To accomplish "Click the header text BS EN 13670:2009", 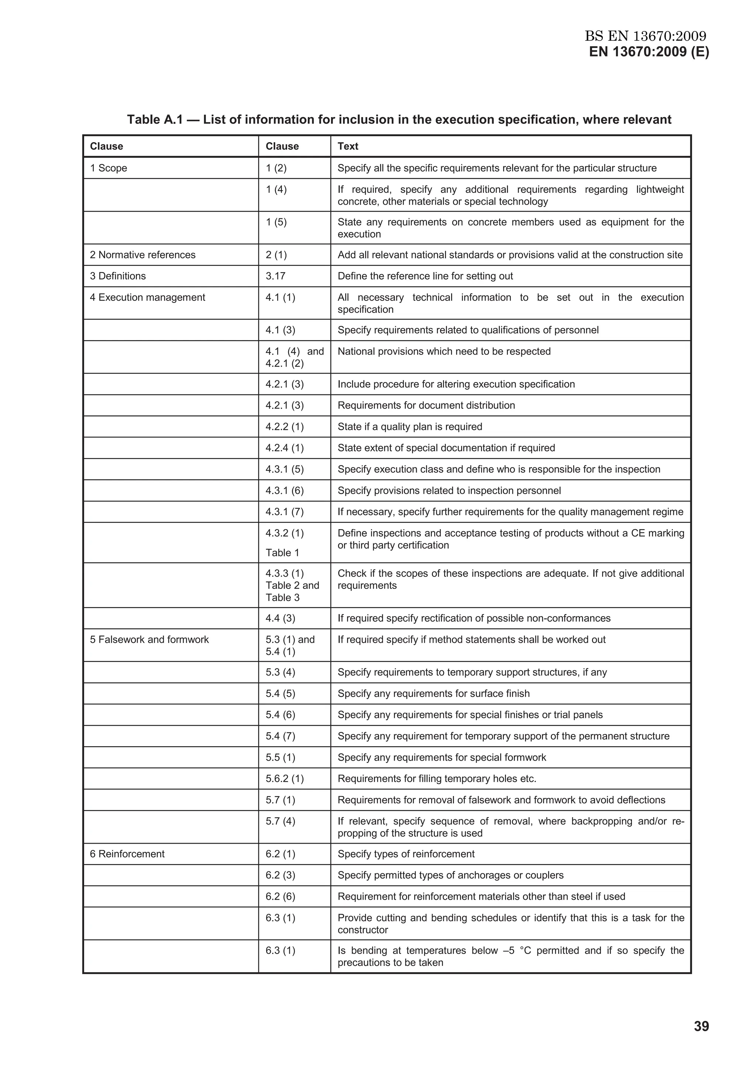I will click(x=645, y=36).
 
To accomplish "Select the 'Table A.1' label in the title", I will click(x=154, y=120).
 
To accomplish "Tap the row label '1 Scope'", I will click(x=108, y=168).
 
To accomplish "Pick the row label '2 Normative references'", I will click(x=142, y=255).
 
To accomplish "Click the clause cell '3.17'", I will click(x=275, y=276).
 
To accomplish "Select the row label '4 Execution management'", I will click(x=147, y=297).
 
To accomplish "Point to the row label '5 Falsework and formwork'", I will click(x=149, y=639).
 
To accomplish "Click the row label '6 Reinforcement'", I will click(x=127, y=854).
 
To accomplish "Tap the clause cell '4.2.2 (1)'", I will click(x=285, y=427).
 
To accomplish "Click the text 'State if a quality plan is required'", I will click(x=409, y=427).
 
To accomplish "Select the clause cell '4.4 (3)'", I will click(x=281, y=618).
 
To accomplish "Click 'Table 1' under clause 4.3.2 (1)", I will click(x=282, y=553).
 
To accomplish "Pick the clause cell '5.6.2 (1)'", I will click(x=285, y=779).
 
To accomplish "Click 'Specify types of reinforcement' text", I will click(x=406, y=854).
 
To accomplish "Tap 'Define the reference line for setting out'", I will click(x=425, y=276).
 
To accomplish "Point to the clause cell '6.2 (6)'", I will click(x=281, y=896).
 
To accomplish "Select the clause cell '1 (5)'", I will click(x=276, y=222).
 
